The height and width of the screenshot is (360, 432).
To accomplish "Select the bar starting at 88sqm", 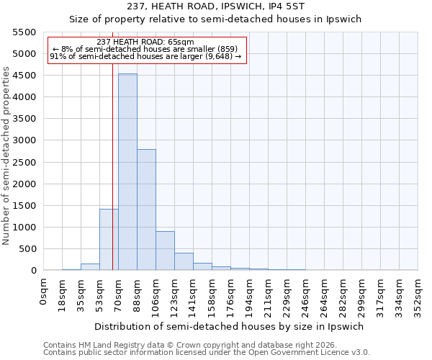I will [x=146, y=210].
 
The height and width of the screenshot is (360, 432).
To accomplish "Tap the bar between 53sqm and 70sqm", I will [x=109, y=239].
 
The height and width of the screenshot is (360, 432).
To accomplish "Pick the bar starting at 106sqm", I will [x=165, y=251].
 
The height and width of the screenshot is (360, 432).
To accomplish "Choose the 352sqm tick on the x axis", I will [x=418, y=294].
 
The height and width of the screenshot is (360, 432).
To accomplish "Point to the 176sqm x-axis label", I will [x=231, y=294].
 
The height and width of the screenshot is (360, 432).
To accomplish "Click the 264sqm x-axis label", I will [x=325, y=294].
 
